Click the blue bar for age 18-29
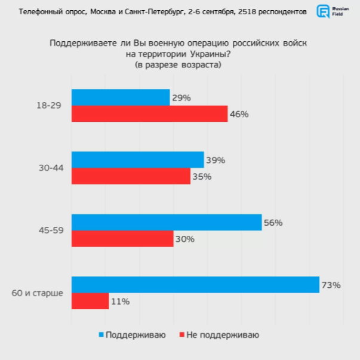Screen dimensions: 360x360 click(121, 97)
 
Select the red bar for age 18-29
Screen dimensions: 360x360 click(149, 114)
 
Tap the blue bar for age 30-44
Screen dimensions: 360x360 click(138, 160)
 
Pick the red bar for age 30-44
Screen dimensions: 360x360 click(131, 176)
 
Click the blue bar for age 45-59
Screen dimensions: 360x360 click(167, 222)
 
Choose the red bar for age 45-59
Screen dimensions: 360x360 click(122, 238)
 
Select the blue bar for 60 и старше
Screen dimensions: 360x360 click(195, 285)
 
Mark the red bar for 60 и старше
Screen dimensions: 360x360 click(90, 301)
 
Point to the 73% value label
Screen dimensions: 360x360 click(331, 285)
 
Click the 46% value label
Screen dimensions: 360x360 click(239, 114)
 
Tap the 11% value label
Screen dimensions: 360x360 click(120, 301)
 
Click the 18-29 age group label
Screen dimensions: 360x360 click(48, 106)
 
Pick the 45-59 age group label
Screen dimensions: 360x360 click(48, 230)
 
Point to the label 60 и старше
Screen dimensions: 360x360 click(37, 293)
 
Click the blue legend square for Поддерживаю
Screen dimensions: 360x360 click(100, 335)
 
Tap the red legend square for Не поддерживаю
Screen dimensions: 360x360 click(183, 335)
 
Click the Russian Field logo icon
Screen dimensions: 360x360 click(323, 11)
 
